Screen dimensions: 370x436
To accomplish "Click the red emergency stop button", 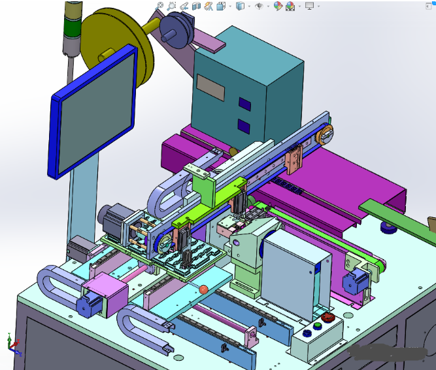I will click(x=329, y=318).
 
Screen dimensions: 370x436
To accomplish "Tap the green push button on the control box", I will click(x=317, y=327).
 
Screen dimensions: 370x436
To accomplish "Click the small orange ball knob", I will click(x=204, y=289).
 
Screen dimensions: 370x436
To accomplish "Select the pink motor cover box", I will click(x=105, y=294).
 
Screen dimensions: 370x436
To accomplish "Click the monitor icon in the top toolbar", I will click(x=309, y=6).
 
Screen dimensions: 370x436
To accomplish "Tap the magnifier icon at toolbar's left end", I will click(x=159, y=6).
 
